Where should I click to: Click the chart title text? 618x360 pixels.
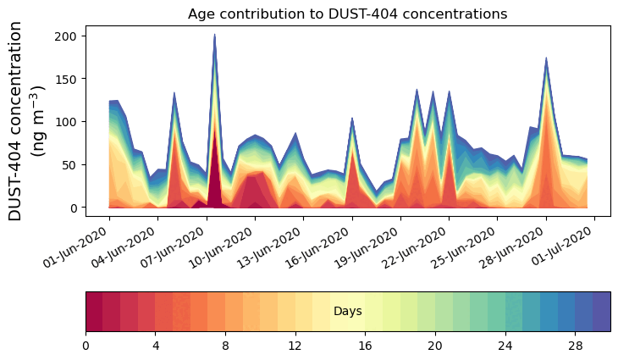click(347, 14)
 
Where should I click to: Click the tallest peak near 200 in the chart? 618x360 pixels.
click(214, 36)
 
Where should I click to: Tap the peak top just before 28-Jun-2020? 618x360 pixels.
click(546, 59)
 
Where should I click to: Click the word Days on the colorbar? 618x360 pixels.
click(348, 312)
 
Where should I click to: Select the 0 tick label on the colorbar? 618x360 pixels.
click(86, 346)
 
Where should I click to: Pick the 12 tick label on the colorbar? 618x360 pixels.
click(295, 346)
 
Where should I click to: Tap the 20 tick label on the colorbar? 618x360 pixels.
click(435, 346)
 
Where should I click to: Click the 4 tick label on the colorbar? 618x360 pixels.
click(156, 346)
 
